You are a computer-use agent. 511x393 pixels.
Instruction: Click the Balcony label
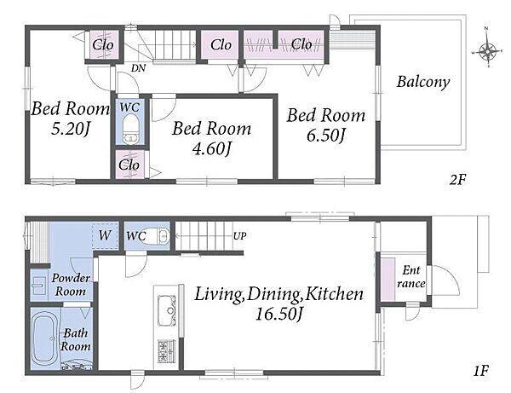pos(423,82)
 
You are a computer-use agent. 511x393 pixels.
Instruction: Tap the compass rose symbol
pos(487,51)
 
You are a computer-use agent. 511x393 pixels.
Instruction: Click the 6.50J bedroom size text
pos(325,136)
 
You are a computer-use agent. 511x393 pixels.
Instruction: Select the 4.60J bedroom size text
pos(212,148)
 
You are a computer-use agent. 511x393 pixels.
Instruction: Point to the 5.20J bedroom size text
pos(71,130)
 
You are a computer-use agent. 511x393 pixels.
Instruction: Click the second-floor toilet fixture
pos(130,129)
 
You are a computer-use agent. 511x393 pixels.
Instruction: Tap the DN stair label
pos(138,68)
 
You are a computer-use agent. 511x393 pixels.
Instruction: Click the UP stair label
pos(239,235)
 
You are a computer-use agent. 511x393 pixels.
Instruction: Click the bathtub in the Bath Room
pos(45,338)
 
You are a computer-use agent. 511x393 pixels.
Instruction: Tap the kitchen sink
pos(167,309)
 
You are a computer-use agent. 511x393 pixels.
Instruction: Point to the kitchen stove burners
pos(167,351)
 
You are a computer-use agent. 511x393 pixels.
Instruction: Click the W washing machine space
pos(105,235)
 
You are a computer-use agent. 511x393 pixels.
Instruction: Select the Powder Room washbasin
pos(38,285)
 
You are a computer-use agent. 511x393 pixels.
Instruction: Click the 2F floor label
pos(458,179)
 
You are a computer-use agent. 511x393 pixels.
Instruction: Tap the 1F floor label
pos(481,371)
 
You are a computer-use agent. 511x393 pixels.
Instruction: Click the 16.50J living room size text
pos(279,314)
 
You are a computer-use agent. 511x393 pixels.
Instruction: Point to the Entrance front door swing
pos(444,280)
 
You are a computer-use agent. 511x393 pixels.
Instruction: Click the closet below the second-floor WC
pos(130,165)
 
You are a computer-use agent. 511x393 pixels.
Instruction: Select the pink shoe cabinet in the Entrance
pos(388,280)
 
